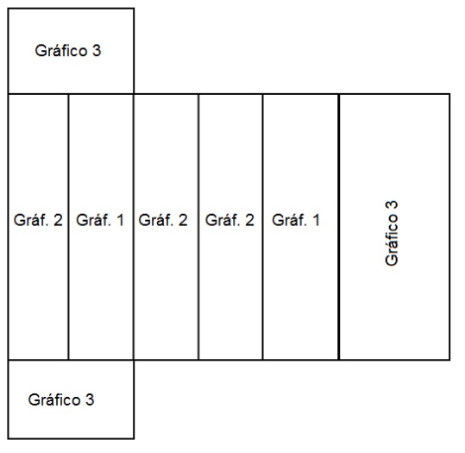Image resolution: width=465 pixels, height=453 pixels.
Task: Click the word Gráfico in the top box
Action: tap(61, 51)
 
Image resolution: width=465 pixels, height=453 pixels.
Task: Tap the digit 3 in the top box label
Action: tap(97, 50)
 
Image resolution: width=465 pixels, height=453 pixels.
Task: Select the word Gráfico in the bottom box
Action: tap(54, 400)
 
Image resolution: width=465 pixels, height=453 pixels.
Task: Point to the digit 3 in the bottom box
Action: tap(90, 400)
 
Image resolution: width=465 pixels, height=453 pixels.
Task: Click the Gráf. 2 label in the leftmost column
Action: tap(38, 220)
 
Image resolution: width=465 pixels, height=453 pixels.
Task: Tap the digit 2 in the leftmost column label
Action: tap(58, 220)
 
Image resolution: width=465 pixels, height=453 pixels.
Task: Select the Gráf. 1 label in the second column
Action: tap(100, 220)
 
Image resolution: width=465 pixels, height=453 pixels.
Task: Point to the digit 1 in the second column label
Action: tap(120, 220)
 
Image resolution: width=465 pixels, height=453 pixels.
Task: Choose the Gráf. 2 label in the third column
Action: tap(163, 220)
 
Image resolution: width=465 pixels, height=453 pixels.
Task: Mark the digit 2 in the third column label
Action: tap(183, 220)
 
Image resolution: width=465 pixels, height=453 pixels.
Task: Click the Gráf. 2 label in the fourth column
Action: tap(229, 220)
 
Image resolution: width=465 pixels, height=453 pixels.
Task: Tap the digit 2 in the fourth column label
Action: tap(249, 220)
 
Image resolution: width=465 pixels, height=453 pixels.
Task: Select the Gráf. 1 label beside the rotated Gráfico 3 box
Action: tap(296, 220)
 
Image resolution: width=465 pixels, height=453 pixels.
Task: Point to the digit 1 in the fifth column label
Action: tap(316, 220)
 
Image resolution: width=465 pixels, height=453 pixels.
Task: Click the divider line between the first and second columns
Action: tap(68, 227)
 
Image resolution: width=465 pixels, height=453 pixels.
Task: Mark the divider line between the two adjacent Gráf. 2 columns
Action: tap(198, 227)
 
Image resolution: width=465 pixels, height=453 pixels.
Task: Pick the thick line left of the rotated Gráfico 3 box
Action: tap(339, 227)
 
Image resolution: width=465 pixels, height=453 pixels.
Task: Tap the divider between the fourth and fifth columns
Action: tap(262, 227)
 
